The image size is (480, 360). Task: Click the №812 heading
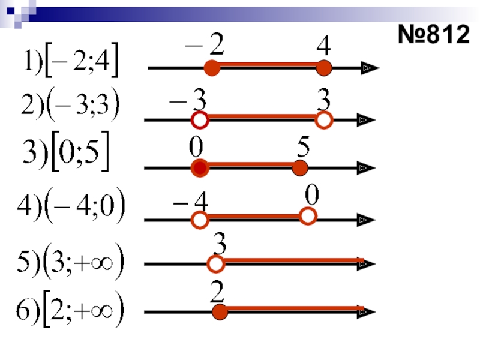(433, 35)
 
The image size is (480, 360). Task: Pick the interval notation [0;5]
(66, 157)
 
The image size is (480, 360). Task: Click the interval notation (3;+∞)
(69, 264)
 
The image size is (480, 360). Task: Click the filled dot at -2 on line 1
(211, 68)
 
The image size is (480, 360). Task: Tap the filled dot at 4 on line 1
(324, 68)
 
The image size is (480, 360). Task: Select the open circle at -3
(200, 121)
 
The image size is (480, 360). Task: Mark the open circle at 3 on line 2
(324, 121)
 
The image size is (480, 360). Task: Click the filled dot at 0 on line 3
(200, 169)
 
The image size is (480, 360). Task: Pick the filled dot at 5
(299, 169)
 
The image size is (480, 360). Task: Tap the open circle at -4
(200, 220)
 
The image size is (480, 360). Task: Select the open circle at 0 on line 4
(308, 216)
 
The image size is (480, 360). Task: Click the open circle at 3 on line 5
(216, 263)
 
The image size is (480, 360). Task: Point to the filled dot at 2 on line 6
(220, 312)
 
